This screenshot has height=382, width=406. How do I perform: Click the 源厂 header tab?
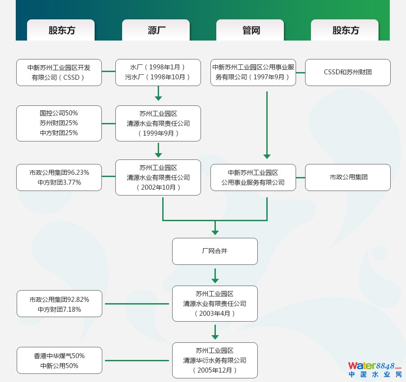pyautogui.click(x=156, y=30)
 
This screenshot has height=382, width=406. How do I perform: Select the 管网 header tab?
pyautogui.click(x=251, y=30)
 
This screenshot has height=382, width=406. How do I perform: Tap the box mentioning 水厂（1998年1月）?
pyautogui.click(x=158, y=72)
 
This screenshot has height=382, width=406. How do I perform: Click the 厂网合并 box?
pyautogui.click(x=214, y=251)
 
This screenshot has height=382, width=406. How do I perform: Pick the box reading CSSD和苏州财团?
pyautogui.click(x=347, y=72)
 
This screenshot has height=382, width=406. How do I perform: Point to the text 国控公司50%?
pyautogui.click(x=59, y=113)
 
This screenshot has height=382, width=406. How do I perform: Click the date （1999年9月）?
pyautogui.click(x=158, y=133)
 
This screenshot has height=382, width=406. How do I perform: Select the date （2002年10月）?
pyautogui.click(x=158, y=187)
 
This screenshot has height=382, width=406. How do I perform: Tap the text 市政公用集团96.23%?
pyautogui.click(x=59, y=173)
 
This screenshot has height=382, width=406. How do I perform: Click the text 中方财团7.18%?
pyautogui.click(x=59, y=309)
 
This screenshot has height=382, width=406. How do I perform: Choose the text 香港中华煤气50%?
pyautogui.click(x=59, y=356)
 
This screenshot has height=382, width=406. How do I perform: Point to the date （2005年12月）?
pyautogui.click(x=214, y=370)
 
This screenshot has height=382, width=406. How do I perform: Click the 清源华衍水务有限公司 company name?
pyautogui.click(x=214, y=360)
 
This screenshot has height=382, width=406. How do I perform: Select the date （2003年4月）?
pyautogui.click(x=214, y=314)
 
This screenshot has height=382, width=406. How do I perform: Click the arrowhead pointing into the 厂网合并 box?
pyautogui.click(x=215, y=232)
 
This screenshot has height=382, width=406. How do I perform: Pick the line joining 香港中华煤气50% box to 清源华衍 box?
pyautogui.click(x=137, y=360)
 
